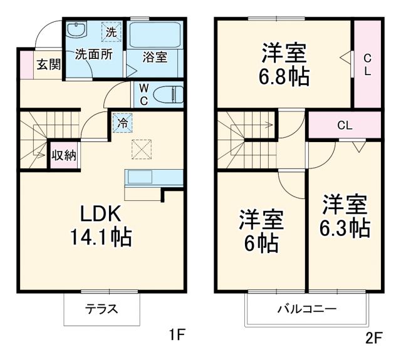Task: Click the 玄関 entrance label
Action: [48, 64]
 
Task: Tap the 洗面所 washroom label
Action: [94, 54]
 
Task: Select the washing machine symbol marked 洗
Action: [111, 31]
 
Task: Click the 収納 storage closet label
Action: [63, 155]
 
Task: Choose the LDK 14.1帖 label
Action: [105, 225]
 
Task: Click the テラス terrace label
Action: [102, 309]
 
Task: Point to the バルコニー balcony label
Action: [308, 309]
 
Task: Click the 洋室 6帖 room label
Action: [261, 231]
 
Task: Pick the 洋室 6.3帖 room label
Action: [345, 217]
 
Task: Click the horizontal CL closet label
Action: [344, 125]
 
